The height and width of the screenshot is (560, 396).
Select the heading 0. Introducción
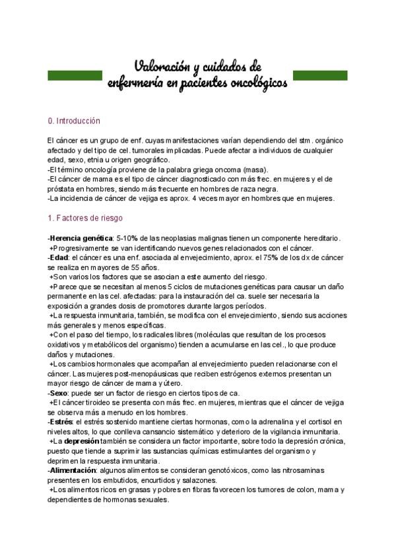[x=74, y=122]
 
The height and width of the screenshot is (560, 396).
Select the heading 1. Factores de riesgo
[x=85, y=217]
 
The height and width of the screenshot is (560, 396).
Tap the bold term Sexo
[x=59, y=393]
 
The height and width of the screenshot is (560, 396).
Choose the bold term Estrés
[x=61, y=421]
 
